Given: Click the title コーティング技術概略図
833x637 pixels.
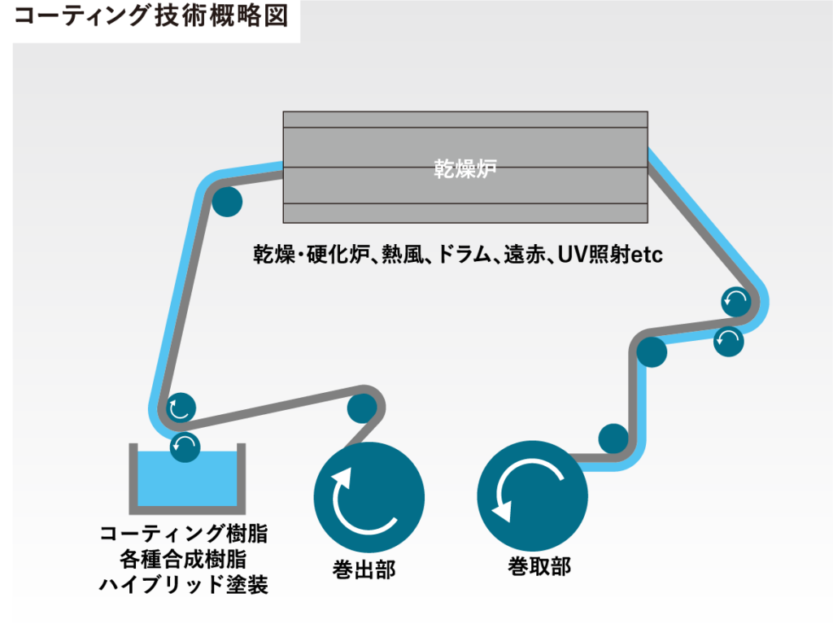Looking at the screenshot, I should [x=151, y=18].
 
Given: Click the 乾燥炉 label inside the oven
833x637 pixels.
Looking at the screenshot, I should [x=464, y=169].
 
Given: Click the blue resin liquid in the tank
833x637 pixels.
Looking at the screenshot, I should [x=186, y=479].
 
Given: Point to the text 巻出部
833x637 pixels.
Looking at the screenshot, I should [x=364, y=569].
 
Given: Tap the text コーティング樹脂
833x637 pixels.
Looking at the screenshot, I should [x=184, y=534].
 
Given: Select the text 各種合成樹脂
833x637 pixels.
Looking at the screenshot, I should [x=184, y=559].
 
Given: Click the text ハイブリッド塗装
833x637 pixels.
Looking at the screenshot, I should [x=184, y=584].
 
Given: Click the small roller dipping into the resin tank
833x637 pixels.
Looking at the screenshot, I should [x=185, y=446].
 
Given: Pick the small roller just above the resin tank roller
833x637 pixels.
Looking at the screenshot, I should [x=181, y=407].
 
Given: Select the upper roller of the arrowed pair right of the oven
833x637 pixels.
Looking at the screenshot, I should [x=737, y=303].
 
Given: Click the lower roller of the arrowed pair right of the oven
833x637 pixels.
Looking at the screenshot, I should [x=728, y=340].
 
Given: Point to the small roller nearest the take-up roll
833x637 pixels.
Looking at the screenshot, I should [x=613, y=438].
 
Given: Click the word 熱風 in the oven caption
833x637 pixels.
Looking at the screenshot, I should [x=403, y=255].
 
